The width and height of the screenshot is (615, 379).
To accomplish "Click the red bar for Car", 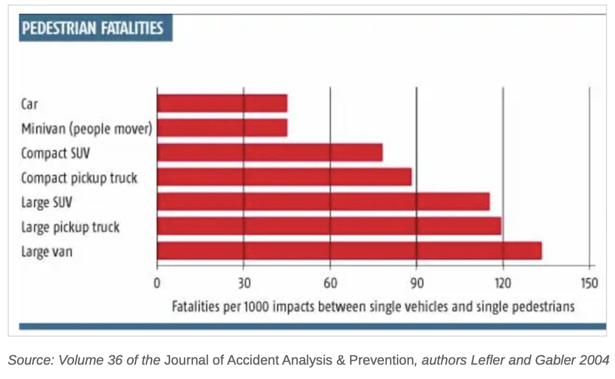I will (222, 103).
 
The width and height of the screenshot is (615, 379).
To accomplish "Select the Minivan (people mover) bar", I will (222, 128).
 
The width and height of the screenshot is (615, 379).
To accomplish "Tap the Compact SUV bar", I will (270, 153).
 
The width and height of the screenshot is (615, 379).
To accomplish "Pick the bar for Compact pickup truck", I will (284, 177).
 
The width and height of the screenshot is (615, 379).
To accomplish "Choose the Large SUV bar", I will (323, 201).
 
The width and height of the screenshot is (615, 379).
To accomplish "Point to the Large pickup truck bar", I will (329, 226).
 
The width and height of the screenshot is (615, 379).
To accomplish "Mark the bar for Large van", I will (349, 251).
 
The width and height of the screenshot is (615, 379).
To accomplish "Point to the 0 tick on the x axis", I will (157, 283).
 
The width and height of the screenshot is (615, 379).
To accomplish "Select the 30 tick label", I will (244, 283).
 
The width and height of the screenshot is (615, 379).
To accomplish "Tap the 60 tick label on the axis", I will (330, 283).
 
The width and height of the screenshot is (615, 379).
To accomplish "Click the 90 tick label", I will (416, 283).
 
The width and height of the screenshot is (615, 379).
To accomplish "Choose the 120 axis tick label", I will (503, 283).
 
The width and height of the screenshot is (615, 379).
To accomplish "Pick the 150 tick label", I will (589, 283).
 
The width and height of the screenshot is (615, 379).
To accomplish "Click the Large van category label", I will (47, 251).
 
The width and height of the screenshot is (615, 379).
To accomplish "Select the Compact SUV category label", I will (55, 153).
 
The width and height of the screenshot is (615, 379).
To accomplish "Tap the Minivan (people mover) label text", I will (86, 128).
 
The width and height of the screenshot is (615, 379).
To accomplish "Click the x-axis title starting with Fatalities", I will (373, 306).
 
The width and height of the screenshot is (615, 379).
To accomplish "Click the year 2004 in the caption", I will (595, 360).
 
